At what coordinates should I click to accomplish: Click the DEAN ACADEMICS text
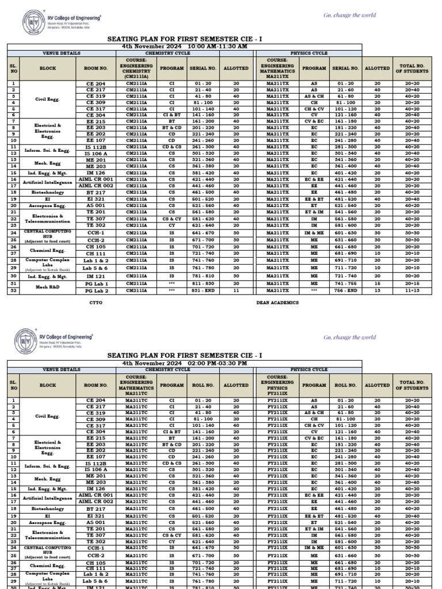(277, 302)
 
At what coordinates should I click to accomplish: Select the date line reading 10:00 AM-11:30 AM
(184, 45)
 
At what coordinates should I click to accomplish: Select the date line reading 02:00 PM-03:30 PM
(184, 364)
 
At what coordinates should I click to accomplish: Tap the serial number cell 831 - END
(203, 291)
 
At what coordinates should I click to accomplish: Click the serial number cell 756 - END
(345, 291)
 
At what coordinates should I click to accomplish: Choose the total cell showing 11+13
(411, 291)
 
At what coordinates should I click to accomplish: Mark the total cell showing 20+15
(411, 284)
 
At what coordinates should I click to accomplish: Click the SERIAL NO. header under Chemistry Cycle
(203, 68)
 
